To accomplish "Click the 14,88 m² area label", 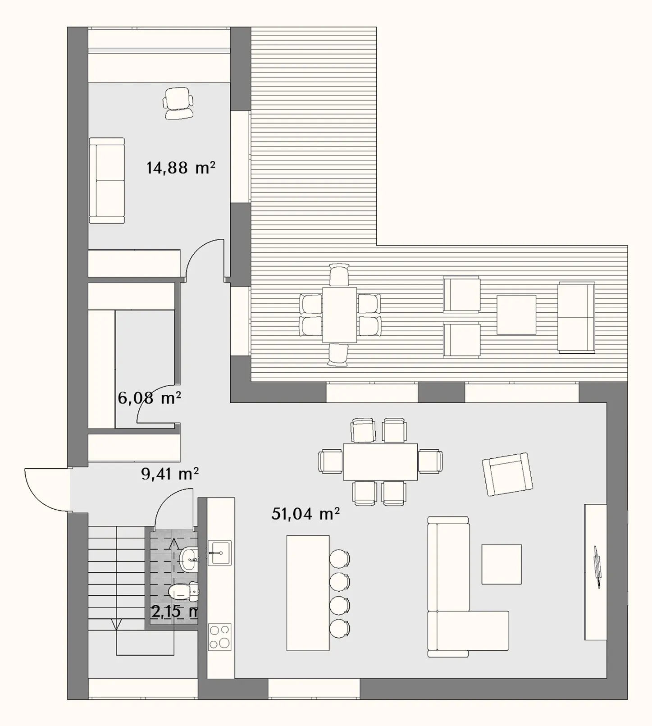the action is pos(181,168).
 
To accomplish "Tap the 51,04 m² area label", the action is pos(305,514).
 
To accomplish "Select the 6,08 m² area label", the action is pos(150,398).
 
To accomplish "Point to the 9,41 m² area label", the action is pos(170,474).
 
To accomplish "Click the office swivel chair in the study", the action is pos(178,103).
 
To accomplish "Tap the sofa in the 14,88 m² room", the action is pos(107,181).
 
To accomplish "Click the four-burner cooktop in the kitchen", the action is pos(220,637).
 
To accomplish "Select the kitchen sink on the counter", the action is pos(219,552).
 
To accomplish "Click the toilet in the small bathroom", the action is pos(183,592).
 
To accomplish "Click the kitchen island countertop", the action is pos(308,593).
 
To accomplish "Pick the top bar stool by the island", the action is pos(340,559).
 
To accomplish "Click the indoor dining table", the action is pos(381,462).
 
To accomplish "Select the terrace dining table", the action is pos(340,315).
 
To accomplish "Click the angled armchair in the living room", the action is pos(507,475).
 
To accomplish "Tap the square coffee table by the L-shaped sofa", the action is pos(502,564).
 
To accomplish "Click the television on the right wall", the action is pos(597,567).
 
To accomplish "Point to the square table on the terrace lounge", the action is pos(516,315).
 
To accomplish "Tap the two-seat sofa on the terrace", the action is pos(576,317).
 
